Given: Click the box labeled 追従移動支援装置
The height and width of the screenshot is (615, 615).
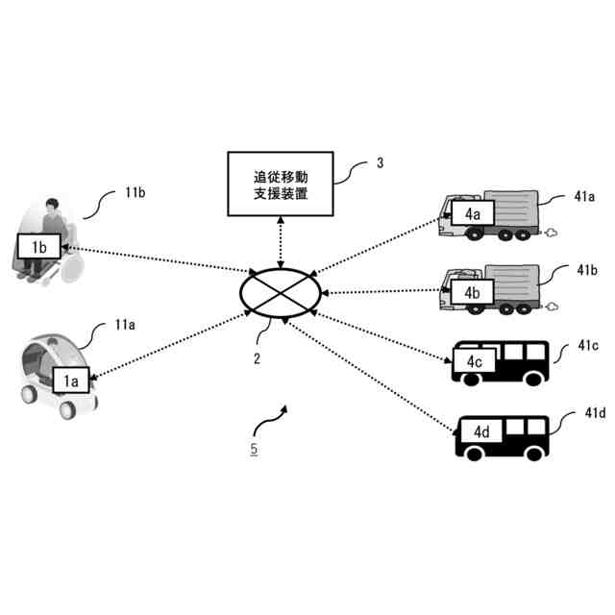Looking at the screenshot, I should [280, 183].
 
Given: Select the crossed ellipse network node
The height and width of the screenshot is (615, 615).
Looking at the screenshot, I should [281, 289].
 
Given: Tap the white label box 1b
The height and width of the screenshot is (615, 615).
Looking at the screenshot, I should [39, 247].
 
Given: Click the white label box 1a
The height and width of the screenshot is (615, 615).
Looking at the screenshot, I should [70, 381].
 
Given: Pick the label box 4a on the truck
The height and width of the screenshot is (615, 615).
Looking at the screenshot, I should [472, 213].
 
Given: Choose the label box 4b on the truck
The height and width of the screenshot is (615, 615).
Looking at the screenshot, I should [472, 290].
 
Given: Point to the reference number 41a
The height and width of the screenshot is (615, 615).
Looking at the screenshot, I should [585, 197].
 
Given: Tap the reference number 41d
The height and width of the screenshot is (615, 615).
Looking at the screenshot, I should [595, 414].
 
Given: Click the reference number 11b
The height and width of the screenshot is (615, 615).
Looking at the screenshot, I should [135, 192].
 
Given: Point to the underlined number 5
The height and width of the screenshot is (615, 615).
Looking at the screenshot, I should [253, 448].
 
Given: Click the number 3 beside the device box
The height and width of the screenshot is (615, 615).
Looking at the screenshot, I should [380, 162].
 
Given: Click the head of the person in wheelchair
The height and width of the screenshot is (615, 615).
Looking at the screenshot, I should [50, 206].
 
